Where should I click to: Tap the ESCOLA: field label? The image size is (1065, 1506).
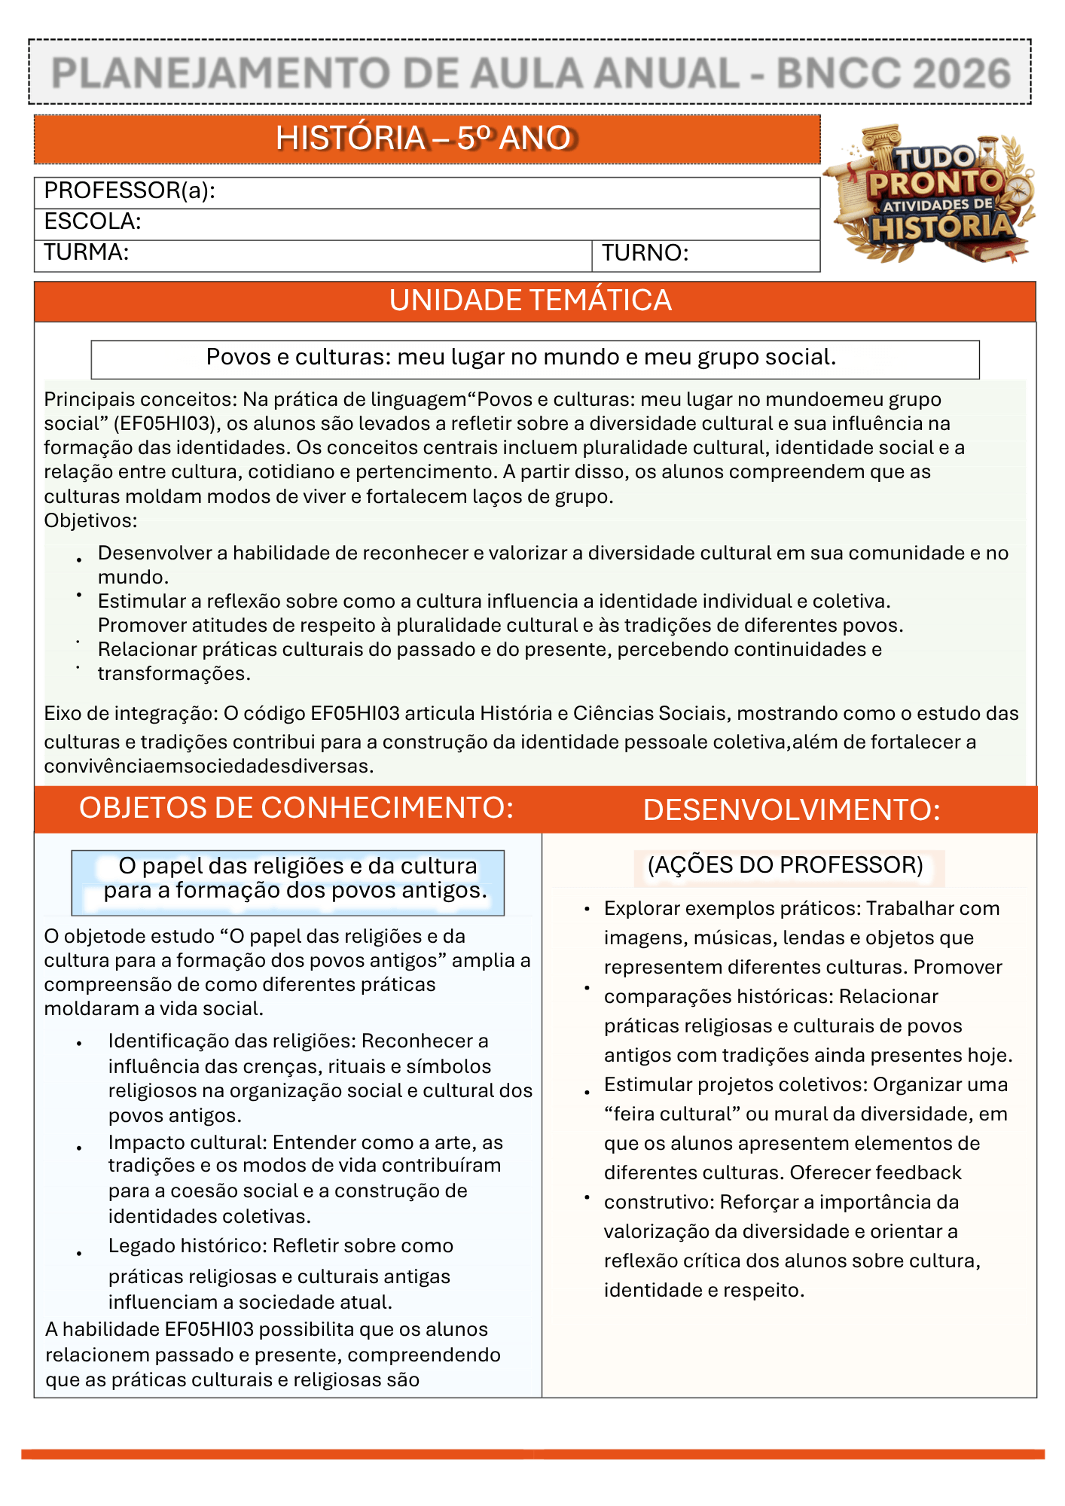(93, 221)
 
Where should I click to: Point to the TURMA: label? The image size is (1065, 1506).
(86, 252)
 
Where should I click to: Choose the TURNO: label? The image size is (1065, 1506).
(645, 253)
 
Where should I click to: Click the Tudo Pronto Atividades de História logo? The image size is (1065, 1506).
(932, 194)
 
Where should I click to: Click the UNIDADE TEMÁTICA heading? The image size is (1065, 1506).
(530, 301)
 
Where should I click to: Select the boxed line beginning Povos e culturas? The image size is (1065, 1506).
(521, 358)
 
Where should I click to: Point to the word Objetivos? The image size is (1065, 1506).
(90, 520)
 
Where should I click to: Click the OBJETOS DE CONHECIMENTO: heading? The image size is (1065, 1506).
(296, 808)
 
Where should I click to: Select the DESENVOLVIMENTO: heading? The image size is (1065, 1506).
(791, 810)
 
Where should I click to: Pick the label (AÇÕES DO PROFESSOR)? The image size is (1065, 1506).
(785, 865)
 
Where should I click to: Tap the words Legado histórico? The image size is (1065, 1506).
(187, 1246)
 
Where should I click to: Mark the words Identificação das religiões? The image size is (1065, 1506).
(232, 1041)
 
